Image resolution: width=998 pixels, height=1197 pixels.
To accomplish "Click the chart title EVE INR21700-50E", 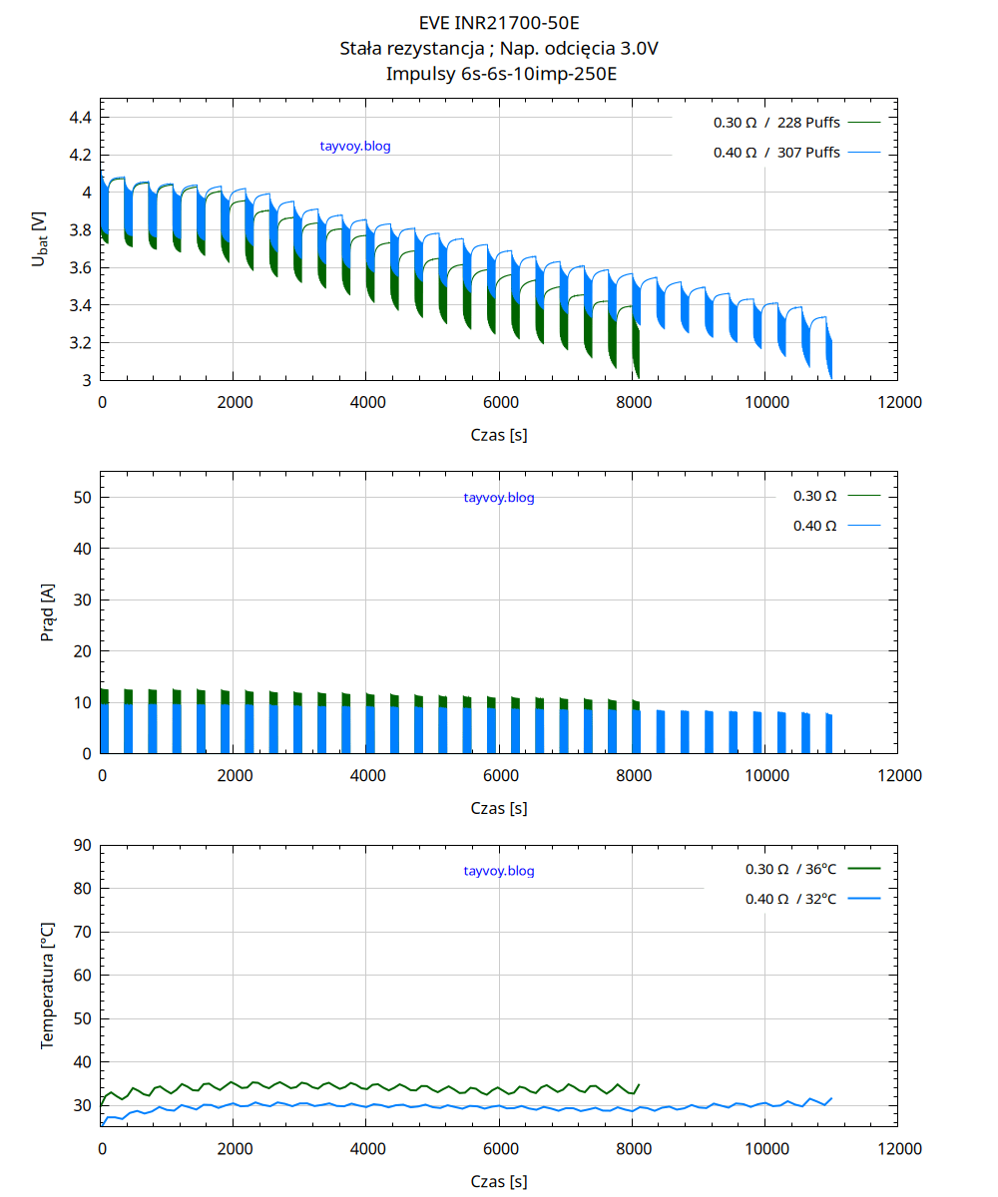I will (x=499, y=23).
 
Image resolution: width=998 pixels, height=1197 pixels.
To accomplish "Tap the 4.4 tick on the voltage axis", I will (x=80, y=118).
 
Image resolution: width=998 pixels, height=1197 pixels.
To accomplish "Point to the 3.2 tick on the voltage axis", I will (x=80, y=343).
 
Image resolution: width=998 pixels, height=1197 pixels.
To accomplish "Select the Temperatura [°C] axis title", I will (x=46, y=986).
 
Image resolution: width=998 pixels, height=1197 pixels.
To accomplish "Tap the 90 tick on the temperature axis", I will (x=83, y=845).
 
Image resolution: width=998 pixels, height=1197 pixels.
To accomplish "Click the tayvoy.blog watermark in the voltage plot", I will (x=355, y=147).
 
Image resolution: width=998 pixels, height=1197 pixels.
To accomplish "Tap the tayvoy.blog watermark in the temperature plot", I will (x=499, y=871).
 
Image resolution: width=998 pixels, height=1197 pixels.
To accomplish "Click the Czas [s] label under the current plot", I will (x=499, y=808).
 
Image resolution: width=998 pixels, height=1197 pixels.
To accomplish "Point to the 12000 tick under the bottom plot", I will (x=897, y=1148).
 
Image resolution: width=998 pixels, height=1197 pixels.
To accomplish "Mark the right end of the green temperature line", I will (x=639, y=1083).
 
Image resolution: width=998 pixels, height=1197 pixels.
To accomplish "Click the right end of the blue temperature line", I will (x=831, y=1097).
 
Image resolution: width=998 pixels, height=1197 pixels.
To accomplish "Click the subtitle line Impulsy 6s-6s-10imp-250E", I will (x=499, y=73).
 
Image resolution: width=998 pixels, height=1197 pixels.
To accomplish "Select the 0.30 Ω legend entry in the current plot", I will (x=814, y=496).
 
